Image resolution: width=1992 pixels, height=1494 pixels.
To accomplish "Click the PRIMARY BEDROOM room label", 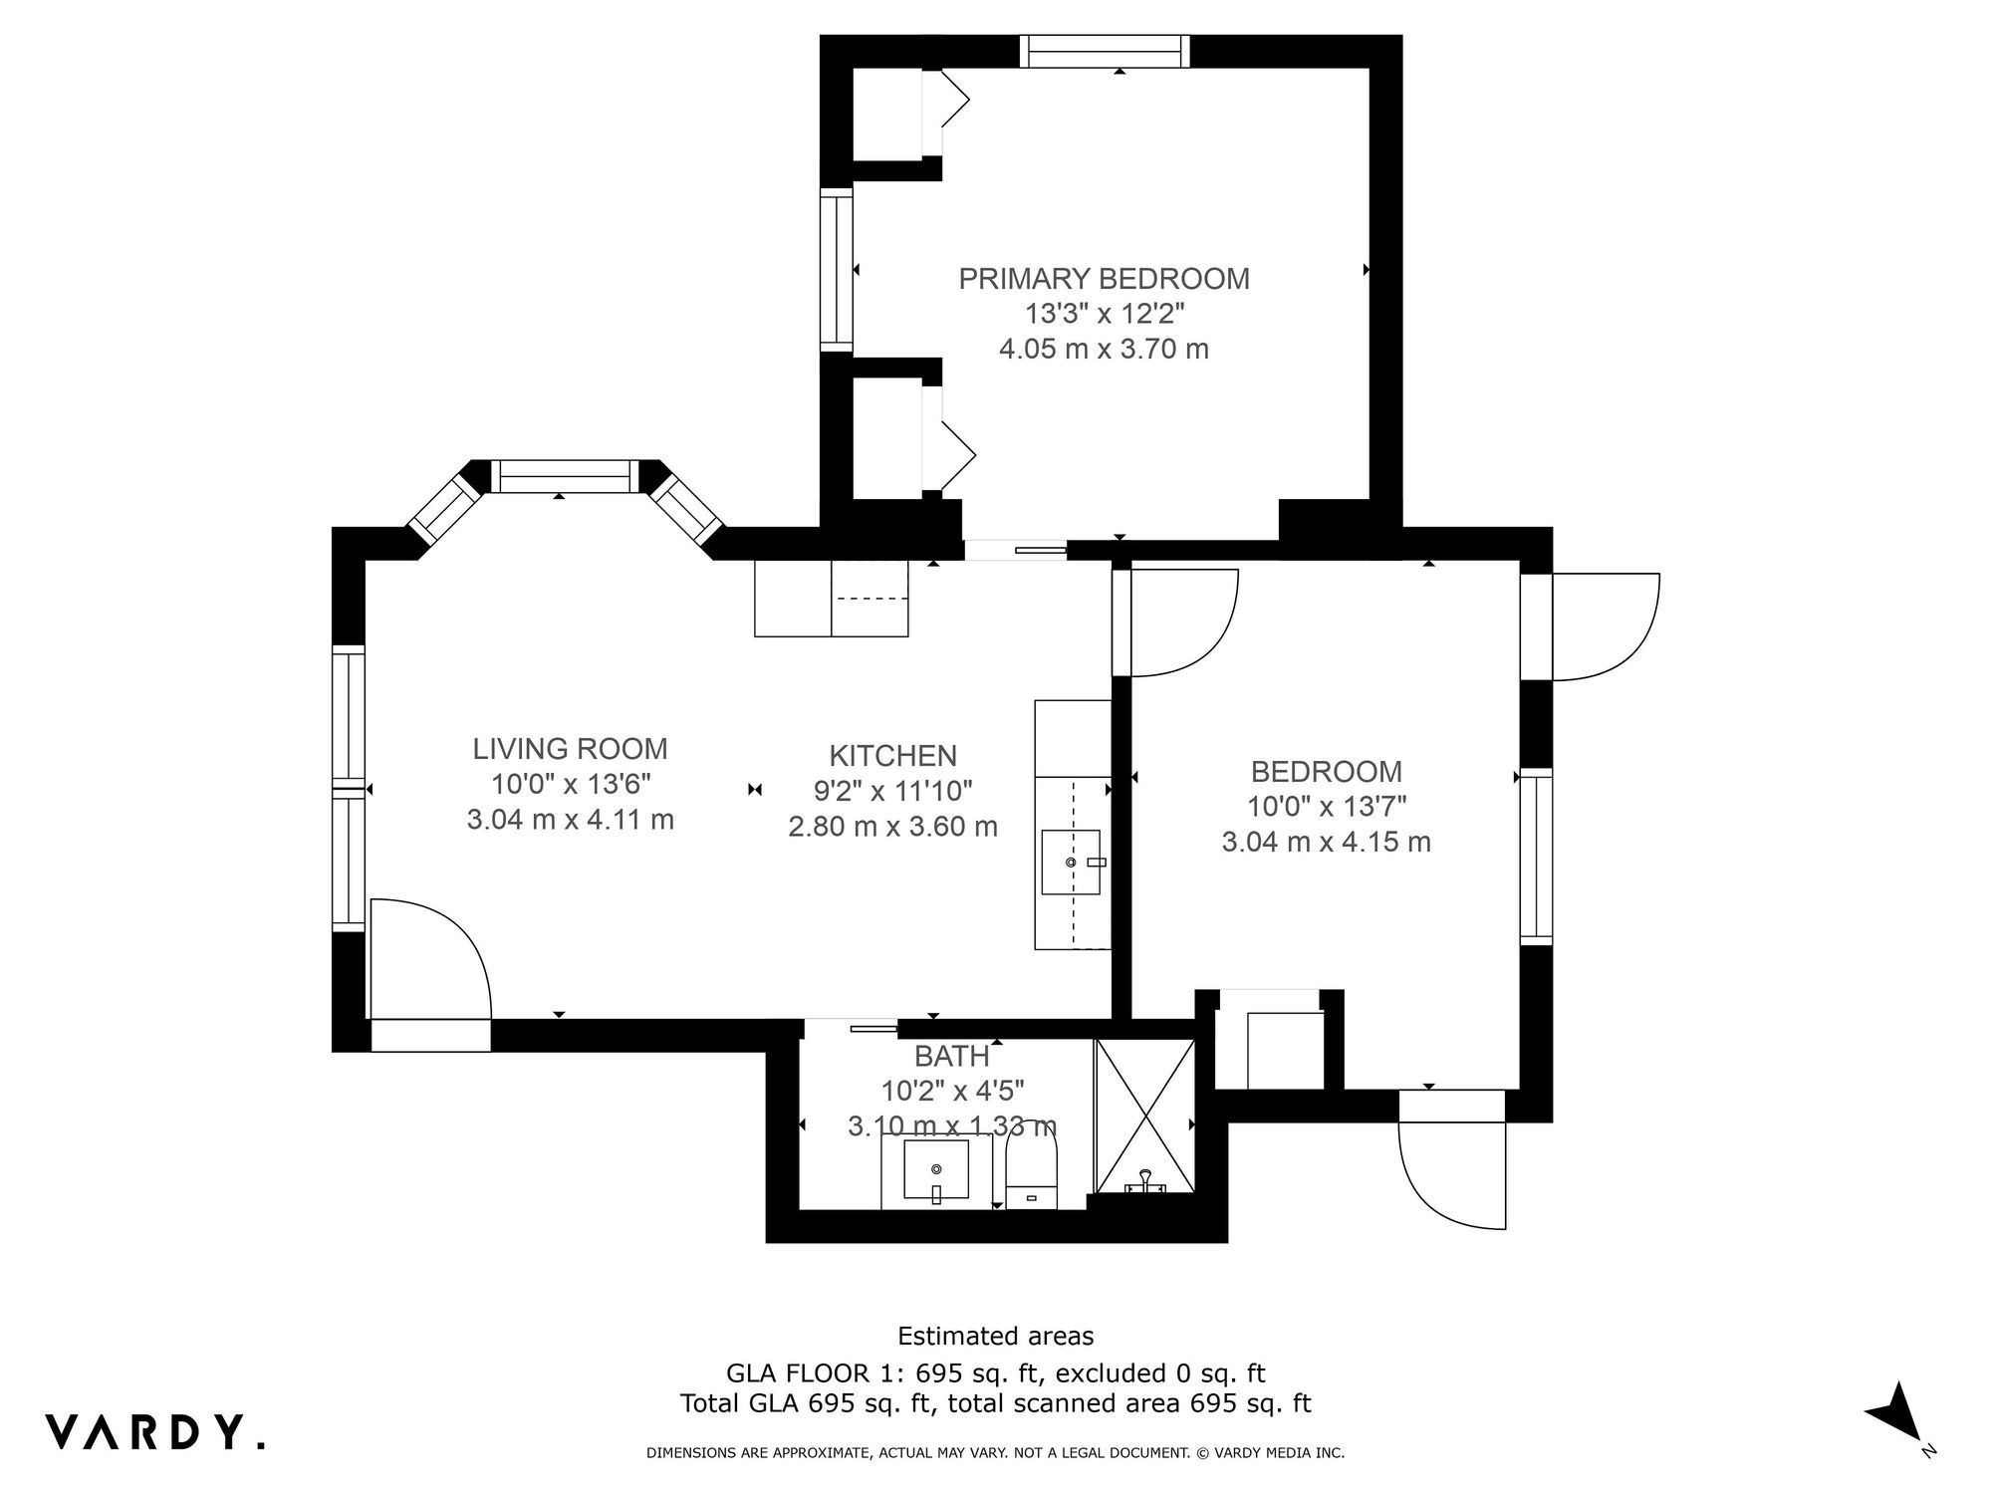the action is [x=1104, y=279].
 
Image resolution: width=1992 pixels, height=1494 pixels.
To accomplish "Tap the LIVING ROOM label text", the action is [x=570, y=748].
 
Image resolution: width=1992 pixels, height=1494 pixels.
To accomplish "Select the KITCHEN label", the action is [x=892, y=755].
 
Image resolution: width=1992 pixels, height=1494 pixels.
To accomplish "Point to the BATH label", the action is [x=952, y=1056].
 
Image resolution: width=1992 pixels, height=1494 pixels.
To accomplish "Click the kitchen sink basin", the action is [x=1071, y=862].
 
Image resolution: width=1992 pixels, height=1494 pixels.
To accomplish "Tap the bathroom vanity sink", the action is [x=936, y=1169].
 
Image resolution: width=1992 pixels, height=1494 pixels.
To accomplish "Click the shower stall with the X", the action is [x=1144, y=1116].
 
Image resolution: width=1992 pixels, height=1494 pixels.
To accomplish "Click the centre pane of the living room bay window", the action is [x=567, y=476].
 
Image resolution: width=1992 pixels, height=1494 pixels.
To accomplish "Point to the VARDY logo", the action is [x=155, y=1432].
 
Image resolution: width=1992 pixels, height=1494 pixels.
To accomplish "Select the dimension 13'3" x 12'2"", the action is [x=1105, y=314].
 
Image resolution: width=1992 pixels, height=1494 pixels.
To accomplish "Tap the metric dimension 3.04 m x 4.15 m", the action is [x=1326, y=842].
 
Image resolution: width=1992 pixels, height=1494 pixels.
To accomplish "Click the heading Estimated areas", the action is [x=996, y=1336].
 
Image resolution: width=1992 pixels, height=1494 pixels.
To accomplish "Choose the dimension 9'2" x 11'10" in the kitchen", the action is [x=892, y=791].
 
